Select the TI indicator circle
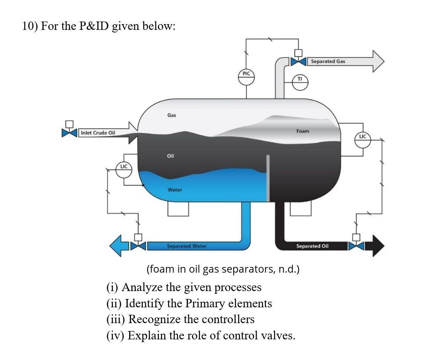point(300,80)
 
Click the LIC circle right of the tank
point(362,137)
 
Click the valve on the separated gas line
point(298,62)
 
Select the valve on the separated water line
point(138,246)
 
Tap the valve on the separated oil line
point(356,246)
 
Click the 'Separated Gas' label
point(328,61)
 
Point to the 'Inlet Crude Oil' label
point(98,133)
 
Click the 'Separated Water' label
point(187,246)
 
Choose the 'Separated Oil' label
point(312,246)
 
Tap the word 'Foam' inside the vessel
point(303,131)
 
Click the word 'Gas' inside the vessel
point(171,115)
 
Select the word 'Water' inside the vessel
point(174,190)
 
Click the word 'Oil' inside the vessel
point(171,156)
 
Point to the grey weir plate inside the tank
point(268,178)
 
